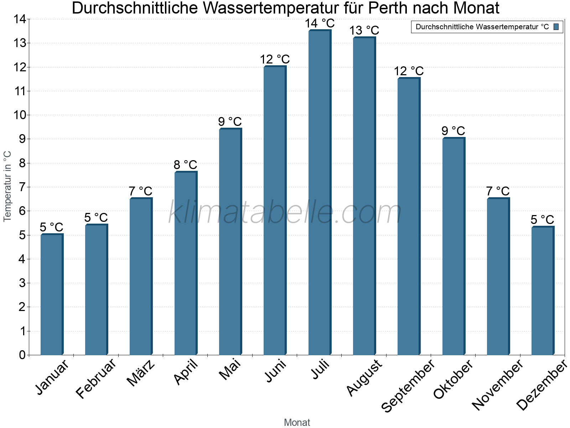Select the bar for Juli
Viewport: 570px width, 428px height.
pos(320,193)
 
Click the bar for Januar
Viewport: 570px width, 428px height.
pos(52,294)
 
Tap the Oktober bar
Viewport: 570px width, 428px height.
pos(454,246)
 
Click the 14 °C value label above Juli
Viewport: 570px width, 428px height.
pos(320,24)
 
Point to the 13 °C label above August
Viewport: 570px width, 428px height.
pos(364,31)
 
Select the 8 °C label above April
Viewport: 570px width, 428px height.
pos(185,165)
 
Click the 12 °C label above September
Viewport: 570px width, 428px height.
pos(409,71)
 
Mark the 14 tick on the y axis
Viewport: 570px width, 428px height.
pos(20,19)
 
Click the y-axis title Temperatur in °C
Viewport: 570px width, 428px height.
pos(7,186)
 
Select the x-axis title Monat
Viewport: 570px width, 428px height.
pos(297,423)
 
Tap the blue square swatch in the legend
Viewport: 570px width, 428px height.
pos(556,27)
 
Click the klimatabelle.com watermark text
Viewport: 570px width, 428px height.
pos(285,213)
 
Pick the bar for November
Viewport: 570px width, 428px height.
pos(498,276)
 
